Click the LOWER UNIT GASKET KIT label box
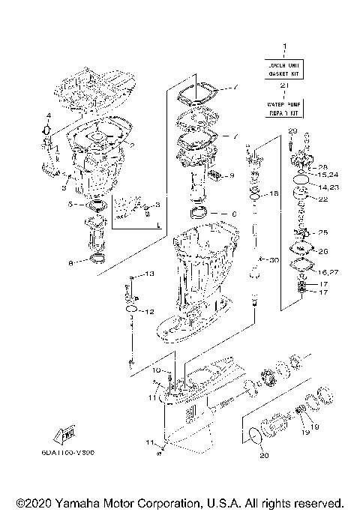coord(284,70)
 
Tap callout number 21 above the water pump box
coord(284,88)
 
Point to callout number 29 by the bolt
coord(292,132)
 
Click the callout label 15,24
coord(328,175)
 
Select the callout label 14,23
coord(327,187)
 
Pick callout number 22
coord(323,199)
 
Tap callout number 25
coord(323,232)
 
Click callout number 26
coord(323,251)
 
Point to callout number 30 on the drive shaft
coord(274,260)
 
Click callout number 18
coord(274,193)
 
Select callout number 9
coord(232,175)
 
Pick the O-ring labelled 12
coord(131,309)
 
